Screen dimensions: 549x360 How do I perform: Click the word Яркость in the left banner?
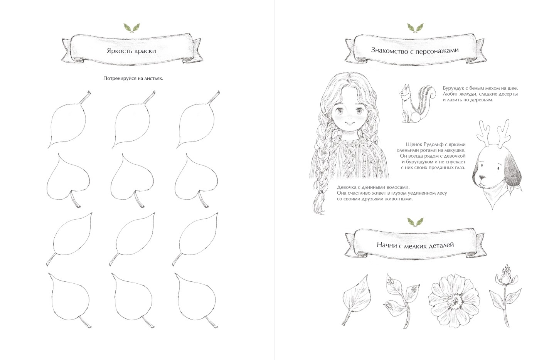pyautogui.click(x=119, y=51)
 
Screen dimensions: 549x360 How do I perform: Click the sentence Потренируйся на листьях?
pyautogui.click(x=133, y=78)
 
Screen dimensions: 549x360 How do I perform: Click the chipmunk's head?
pyautogui.click(x=405, y=92)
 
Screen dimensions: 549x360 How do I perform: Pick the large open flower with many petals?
pyautogui.click(x=454, y=300)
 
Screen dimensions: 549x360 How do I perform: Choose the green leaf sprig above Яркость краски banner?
pyautogui.click(x=132, y=28)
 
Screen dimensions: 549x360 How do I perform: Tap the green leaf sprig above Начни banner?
pyautogui.click(x=415, y=222)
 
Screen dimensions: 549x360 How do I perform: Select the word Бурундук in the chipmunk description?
pyautogui.click(x=453, y=88)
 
